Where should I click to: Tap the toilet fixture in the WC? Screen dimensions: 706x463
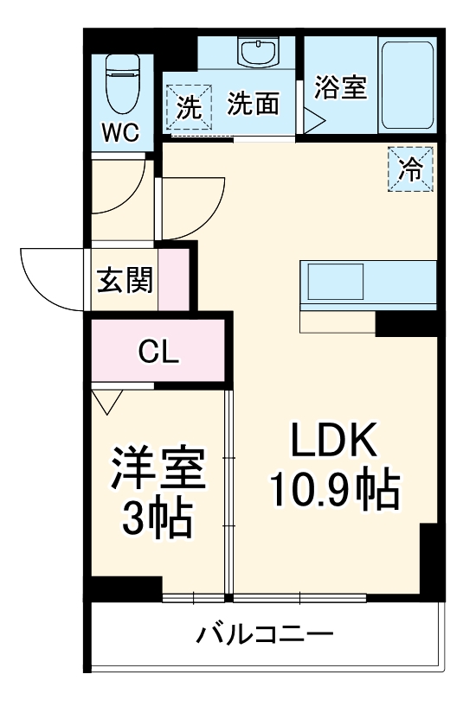point(121,84)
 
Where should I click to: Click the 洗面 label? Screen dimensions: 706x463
point(254,105)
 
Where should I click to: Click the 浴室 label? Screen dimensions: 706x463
point(340,88)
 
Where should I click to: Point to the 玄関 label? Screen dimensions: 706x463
point(125,279)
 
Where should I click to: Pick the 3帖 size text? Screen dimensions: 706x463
point(157,518)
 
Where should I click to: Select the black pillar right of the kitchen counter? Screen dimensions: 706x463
point(405,323)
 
